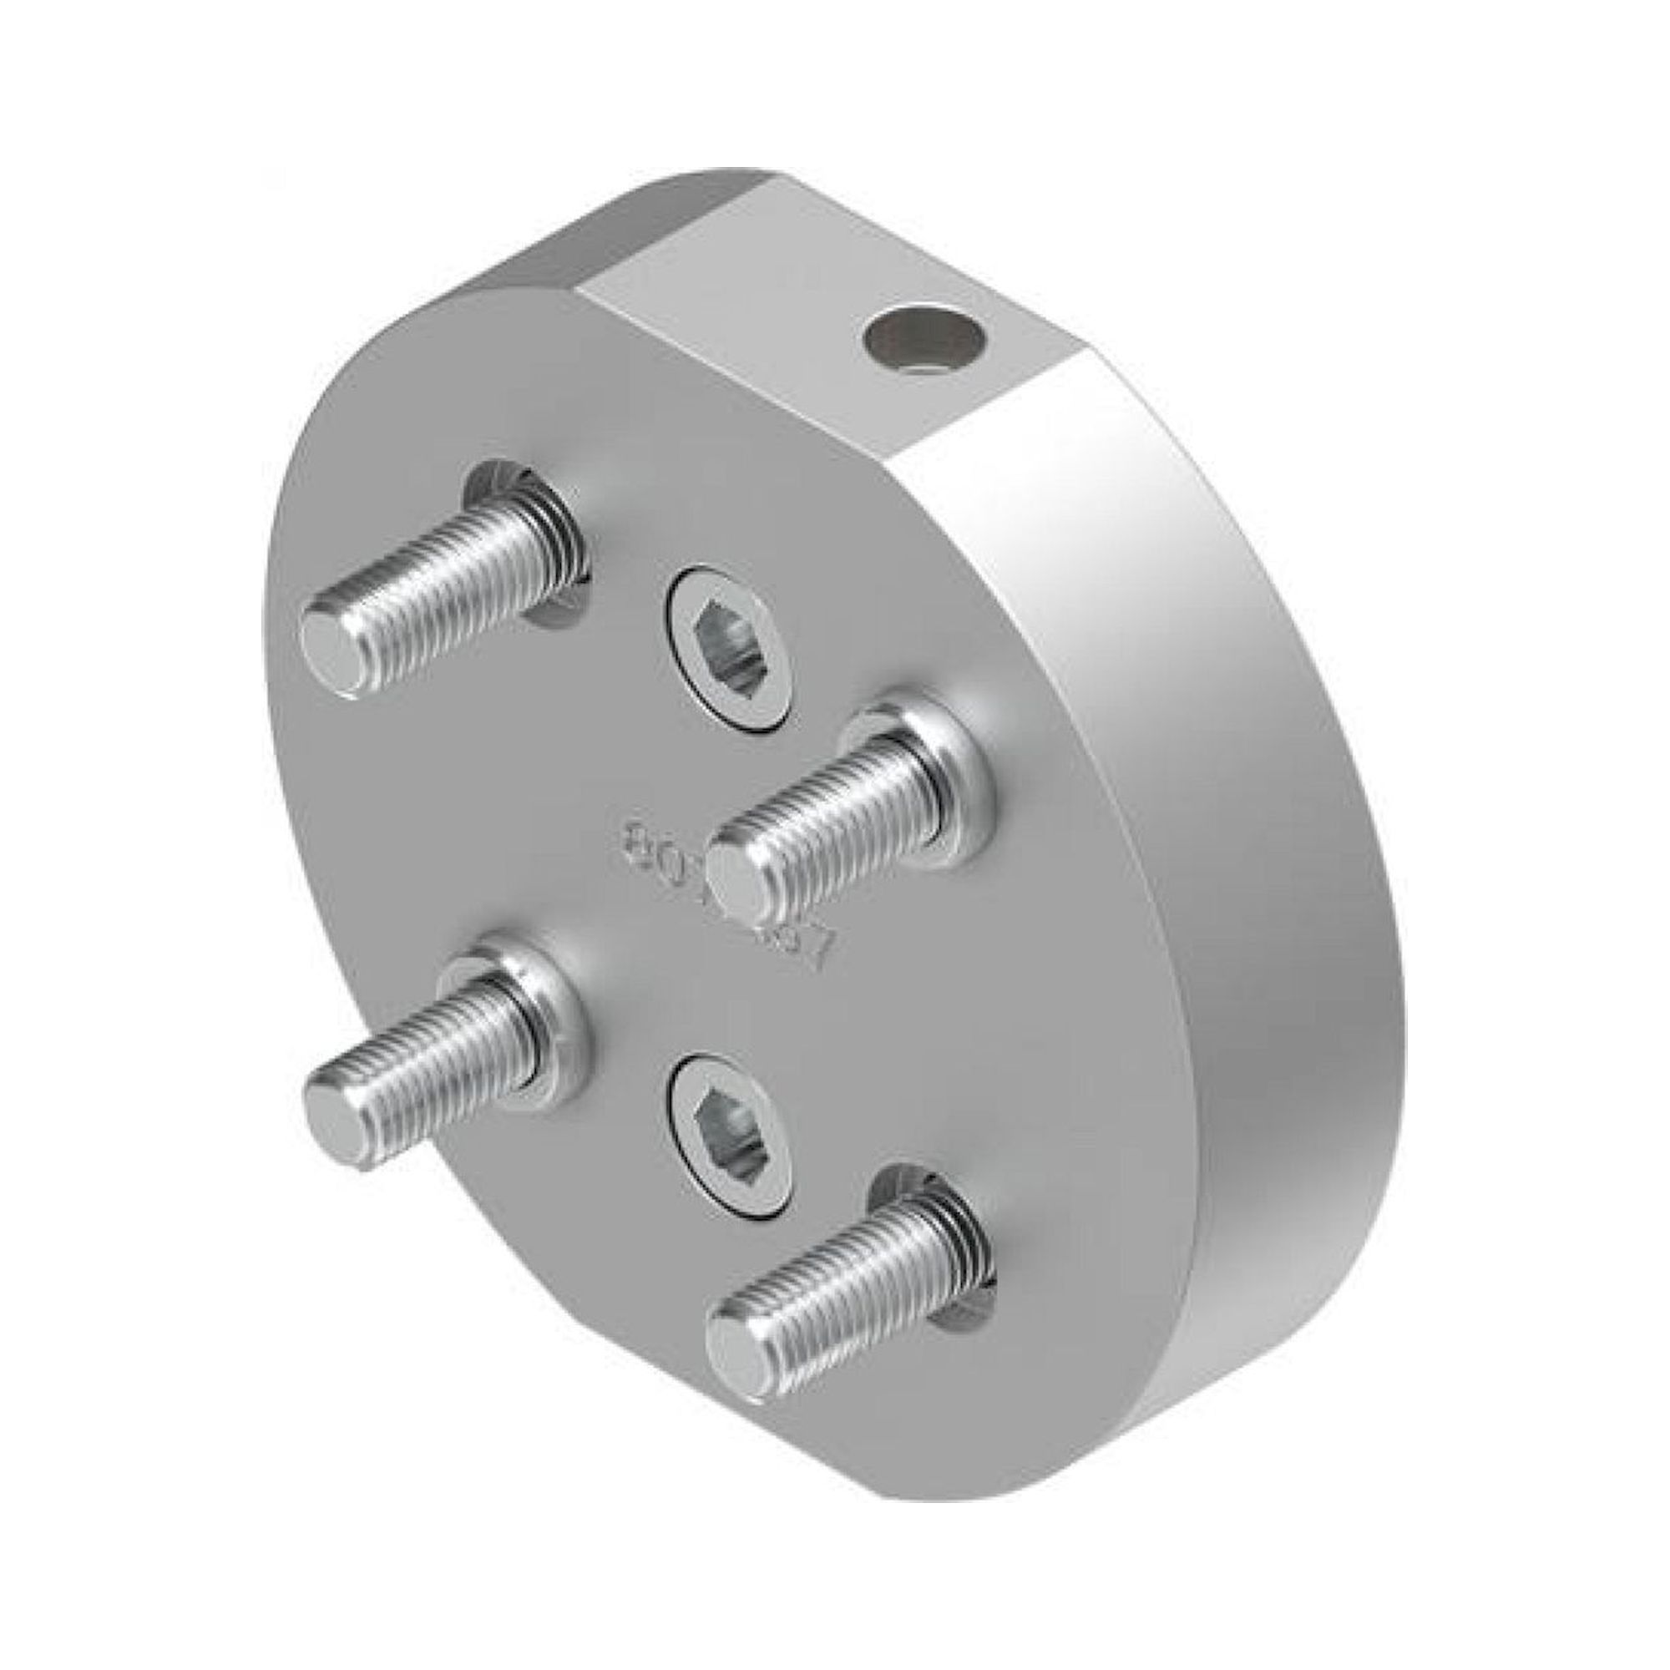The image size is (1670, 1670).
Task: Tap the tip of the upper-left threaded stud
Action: pyautogui.click(x=334, y=648)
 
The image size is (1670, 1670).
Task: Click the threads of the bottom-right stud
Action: pyautogui.click(x=856, y=1297)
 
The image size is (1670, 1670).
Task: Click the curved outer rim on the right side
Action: pyautogui.click(x=1253, y=778)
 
